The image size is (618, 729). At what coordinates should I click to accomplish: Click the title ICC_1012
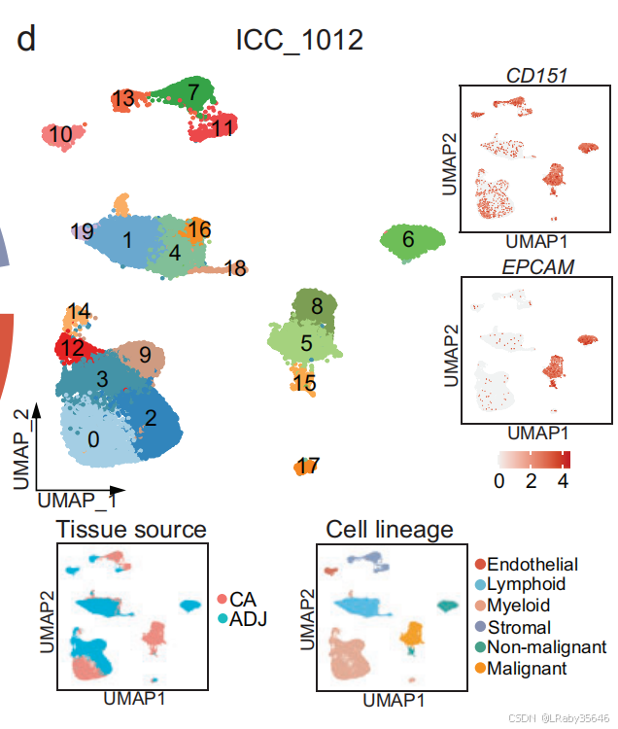(299, 42)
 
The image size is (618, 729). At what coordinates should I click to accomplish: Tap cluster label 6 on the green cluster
(408, 238)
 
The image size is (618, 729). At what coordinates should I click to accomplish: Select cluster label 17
(308, 467)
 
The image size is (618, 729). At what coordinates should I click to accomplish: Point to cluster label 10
(60, 135)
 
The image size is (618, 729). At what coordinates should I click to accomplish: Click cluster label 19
(83, 231)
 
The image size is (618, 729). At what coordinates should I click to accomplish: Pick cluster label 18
(234, 268)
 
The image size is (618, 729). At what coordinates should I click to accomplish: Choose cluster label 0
(93, 439)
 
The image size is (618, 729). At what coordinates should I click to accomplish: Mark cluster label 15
(305, 383)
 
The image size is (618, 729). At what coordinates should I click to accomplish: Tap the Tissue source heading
(131, 530)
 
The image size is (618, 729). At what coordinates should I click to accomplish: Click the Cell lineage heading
(390, 530)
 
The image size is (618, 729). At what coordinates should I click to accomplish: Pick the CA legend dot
(222, 597)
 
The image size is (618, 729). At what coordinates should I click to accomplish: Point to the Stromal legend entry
(519, 627)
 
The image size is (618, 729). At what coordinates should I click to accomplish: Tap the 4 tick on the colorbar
(562, 480)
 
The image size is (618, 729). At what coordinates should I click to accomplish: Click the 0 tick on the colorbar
(498, 480)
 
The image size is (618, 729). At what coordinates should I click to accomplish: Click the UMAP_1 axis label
(77, 501)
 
